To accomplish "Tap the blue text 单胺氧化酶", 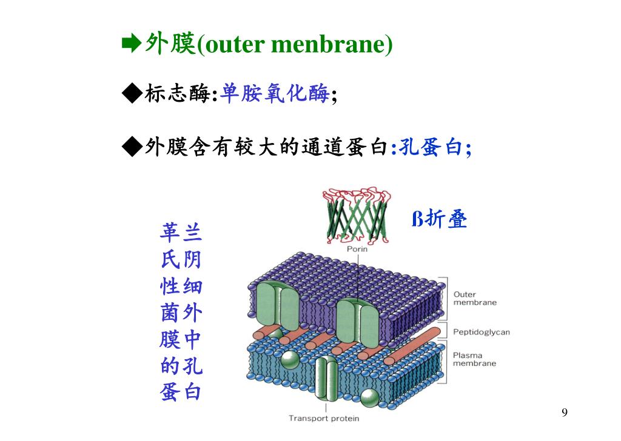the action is tap(276, 94).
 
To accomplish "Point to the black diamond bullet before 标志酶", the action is tap(132, 94).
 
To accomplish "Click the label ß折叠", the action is tap(440, 219).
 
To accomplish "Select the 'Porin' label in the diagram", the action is tap(357, 248).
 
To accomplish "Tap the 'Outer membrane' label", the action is tap(474, 299).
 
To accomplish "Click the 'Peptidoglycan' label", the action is tap(482, 332).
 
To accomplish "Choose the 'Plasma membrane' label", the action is tap(474, 359).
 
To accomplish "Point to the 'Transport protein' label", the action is tap(323, 418).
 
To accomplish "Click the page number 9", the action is tap(565, 413).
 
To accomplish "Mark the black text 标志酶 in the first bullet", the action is tap(176, 94).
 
